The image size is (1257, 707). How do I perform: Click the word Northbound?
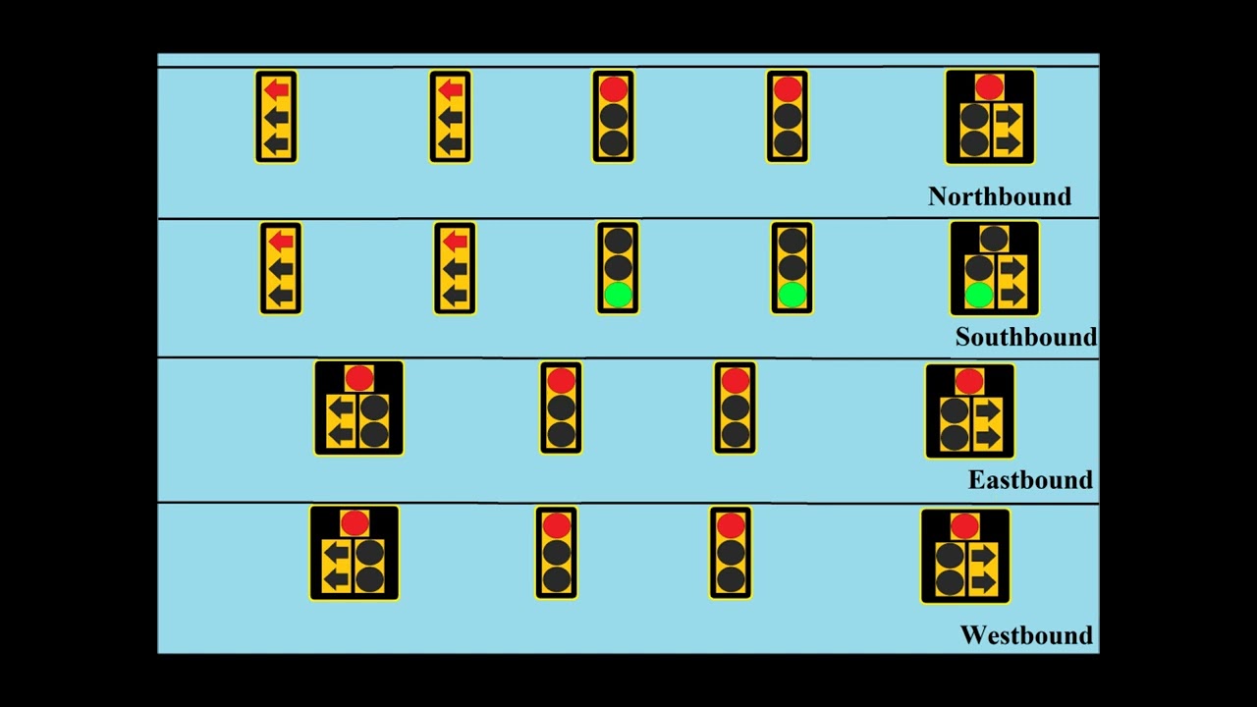point(999,196)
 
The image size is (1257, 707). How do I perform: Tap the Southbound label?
point(1025,337)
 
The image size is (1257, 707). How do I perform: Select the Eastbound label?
point(1030,480)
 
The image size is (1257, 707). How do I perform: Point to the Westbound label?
point(1025,635)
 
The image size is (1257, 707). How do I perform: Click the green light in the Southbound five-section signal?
point(978,295)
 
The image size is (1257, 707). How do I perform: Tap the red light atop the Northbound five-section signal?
point(989,87)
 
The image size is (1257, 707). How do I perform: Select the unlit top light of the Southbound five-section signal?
point(994,239)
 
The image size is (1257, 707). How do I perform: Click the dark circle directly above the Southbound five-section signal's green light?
point(978,268)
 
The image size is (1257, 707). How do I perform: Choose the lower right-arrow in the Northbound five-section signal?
point(1008,143)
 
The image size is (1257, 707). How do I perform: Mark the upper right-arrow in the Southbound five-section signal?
point(1011,268)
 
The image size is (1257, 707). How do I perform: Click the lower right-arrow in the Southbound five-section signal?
point(1011,295)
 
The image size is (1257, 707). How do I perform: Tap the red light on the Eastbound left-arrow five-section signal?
point(358,378)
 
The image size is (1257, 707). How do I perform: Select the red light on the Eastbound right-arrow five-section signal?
point(969,381)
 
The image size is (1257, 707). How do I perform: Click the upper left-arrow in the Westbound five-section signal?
point(337,553)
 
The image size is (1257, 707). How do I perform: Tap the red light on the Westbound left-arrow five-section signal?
point(355,523)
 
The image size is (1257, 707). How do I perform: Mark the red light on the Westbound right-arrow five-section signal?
point(965,526)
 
